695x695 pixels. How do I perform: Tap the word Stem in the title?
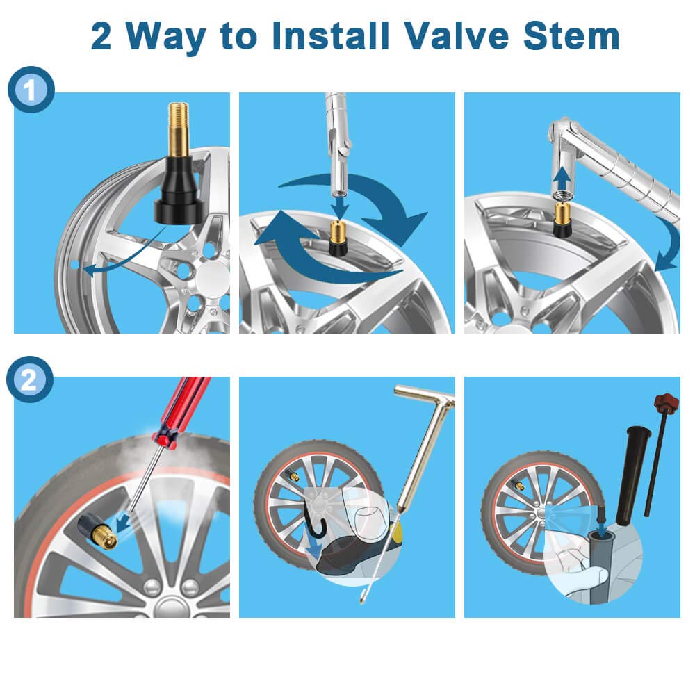tap(571, 36)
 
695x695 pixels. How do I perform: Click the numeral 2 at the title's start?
tap(101, 36)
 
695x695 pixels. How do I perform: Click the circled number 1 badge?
tap(31, 90)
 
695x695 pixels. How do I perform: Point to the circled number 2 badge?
tap(30, 379)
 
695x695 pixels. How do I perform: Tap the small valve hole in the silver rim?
tap(75, 265)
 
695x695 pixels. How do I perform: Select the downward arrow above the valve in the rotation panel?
tap(340, 207)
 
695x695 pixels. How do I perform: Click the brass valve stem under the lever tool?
tap(563, 220)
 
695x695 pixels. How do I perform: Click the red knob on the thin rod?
tap(667, 402)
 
